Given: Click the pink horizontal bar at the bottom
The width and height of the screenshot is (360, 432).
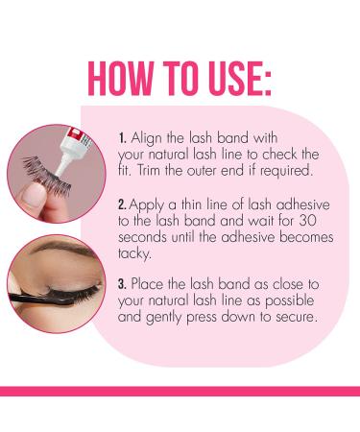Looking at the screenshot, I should (x=180, y=390).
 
